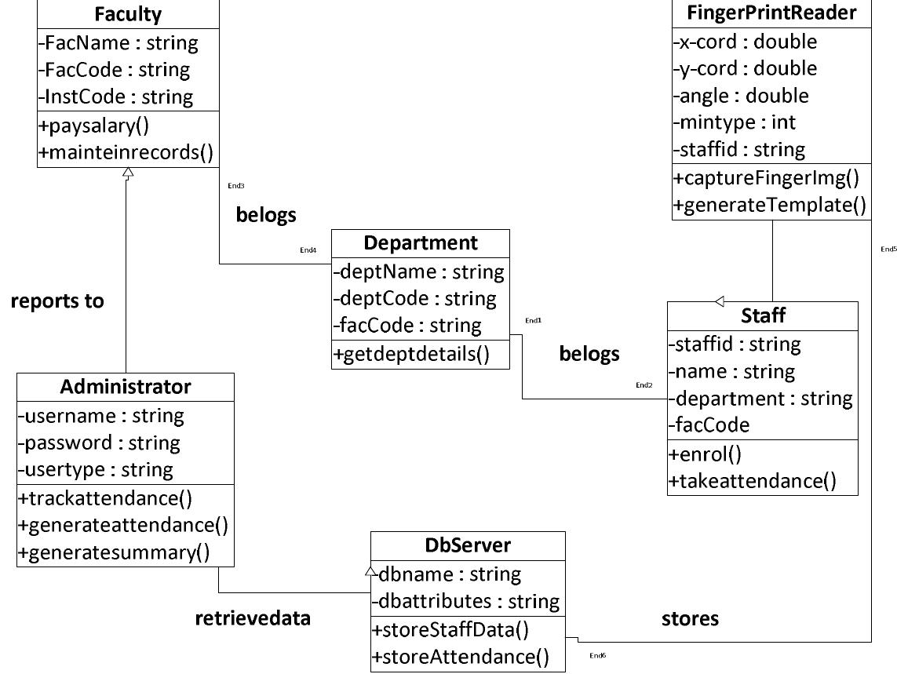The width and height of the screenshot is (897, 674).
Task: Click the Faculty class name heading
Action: [127, 14]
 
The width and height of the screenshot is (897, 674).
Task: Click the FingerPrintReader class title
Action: [771, 13]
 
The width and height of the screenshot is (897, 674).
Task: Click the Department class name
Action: [420, 243]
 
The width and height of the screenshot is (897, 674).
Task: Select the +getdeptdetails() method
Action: [411, 354]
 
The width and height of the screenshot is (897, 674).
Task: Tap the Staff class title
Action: [763, 315]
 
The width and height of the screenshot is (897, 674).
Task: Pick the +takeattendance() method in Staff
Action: [752, 481]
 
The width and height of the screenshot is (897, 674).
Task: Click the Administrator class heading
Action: [125, 387]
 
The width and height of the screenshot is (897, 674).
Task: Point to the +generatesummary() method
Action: [114, 552]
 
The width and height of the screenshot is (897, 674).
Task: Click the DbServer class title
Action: [467, 545]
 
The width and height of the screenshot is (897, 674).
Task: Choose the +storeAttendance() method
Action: [461, 657]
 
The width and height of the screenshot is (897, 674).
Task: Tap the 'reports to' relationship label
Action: [57, 301]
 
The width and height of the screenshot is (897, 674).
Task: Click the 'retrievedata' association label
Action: [253, 618]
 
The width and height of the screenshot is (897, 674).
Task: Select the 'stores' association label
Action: [690, 619]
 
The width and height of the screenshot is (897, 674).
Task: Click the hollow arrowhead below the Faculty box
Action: [127, 170]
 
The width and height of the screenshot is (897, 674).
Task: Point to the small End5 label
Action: [888, 250]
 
